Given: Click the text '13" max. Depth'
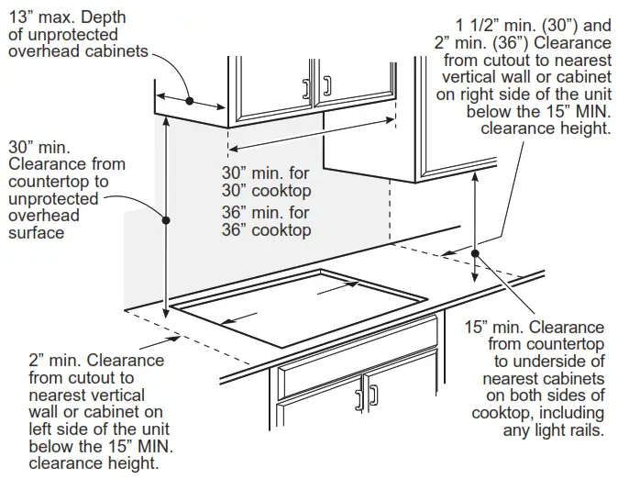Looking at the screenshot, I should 67,17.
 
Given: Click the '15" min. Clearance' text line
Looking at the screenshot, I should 535,327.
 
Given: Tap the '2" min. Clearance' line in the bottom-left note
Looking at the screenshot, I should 96,360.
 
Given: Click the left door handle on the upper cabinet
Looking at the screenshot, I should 306,88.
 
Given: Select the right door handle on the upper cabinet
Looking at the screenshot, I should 326,88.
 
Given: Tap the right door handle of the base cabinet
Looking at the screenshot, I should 373,396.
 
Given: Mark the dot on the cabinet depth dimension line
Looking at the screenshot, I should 189,100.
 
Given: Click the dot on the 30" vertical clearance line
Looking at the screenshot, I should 167,218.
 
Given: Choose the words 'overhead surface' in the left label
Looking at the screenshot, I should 44,224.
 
